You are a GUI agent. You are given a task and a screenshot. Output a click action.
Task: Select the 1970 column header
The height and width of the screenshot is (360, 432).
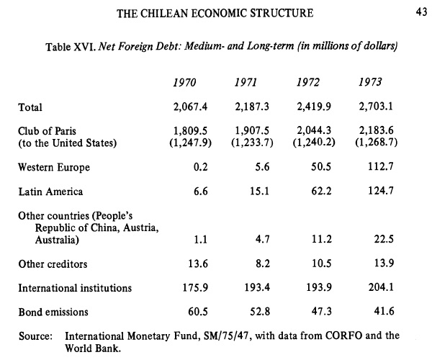click(x=186, y=81)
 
